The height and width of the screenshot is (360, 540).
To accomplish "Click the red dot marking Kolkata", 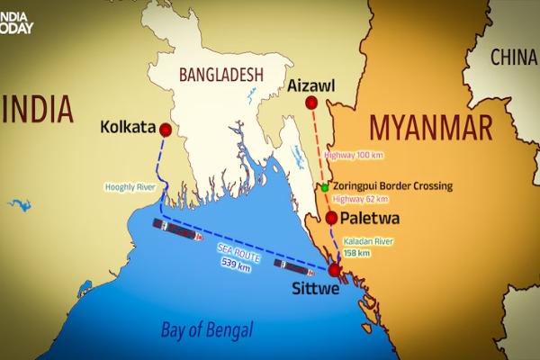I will pyautogui.click(x=165, y=130).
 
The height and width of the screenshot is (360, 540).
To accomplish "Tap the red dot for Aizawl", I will pyautogui.click(x=311, y=103).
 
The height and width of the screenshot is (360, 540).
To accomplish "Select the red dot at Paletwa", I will pyautogui.click(x=332, y=218).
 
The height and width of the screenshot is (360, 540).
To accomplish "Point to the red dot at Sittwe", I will pyautogui.click(x=335, y=270).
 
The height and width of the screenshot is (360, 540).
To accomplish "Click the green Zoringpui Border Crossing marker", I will pyautogui.click(x=324, y=187).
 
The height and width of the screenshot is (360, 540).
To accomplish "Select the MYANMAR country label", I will pyautogui.click(x=430, y=126).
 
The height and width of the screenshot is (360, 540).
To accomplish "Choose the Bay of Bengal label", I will pyautogui.click(x=207, y=328).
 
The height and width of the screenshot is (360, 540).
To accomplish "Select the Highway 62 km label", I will pyautogui.click(x=360, y=199).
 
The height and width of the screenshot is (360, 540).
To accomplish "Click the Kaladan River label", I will pyautogui.click(x=370, y=242).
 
